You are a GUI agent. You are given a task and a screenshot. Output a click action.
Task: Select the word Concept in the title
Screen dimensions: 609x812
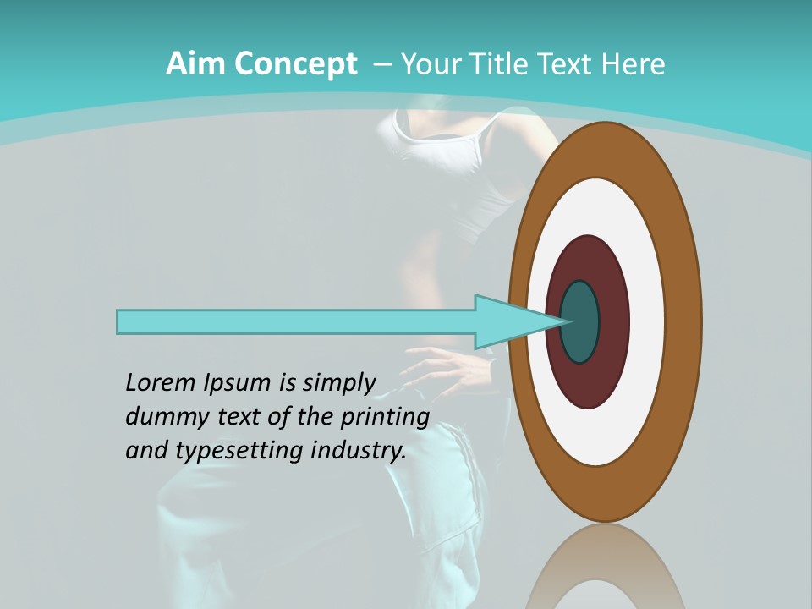[296, 64]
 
